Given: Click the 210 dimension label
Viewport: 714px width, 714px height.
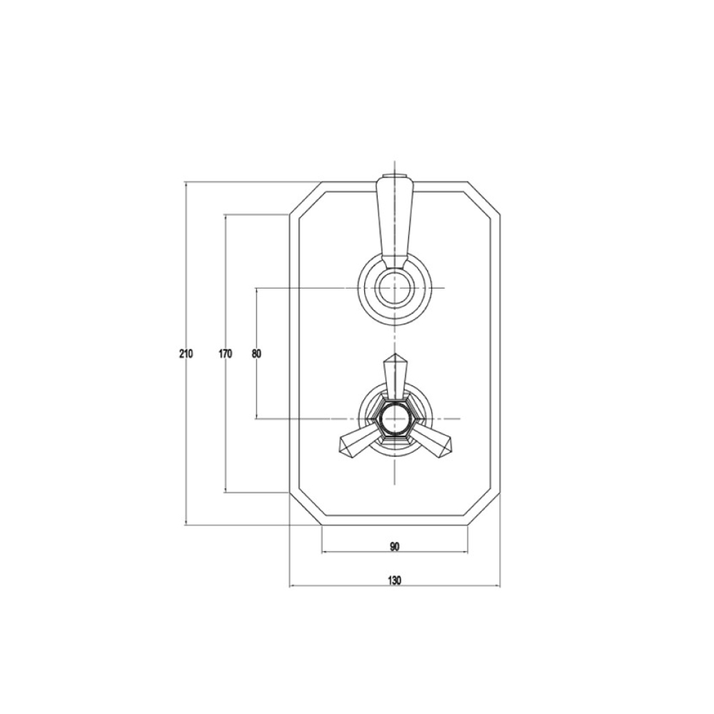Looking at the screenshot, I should tap(186, 353).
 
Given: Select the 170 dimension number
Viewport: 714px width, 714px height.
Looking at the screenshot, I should tap(226, 353).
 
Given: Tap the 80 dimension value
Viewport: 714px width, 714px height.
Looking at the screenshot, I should tap(256, 353).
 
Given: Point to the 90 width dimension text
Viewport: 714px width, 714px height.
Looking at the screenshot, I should tap(395, 546).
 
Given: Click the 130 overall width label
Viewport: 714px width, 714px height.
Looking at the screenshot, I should tap(395, 580).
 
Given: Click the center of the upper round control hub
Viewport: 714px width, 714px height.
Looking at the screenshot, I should tap(394, 289).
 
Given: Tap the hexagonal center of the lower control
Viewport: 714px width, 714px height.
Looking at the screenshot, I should tap(394, 418).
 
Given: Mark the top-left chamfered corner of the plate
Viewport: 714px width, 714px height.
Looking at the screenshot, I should tap(305, 198).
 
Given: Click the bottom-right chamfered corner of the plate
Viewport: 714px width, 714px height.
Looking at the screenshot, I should tap(484, 509).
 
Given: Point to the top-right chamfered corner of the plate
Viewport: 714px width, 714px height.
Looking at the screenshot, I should tap(484, 198).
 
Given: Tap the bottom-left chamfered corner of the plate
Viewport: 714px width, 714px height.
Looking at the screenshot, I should tap(305, 509).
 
